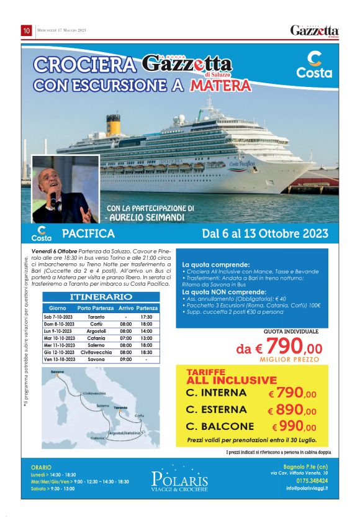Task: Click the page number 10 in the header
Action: [x=27, y=30]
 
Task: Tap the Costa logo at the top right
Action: [x=314, y=65]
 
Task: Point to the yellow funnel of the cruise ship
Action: [x=113, y=124]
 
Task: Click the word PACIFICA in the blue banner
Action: [x=88, y=234]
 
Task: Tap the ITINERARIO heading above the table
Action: [x=101, y=298]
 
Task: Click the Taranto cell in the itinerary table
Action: [x=96, y=316]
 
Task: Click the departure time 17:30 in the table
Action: [x=146, y=316]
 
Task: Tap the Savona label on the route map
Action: [x=58, y=372]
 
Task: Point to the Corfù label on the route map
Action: [x=139, y=416]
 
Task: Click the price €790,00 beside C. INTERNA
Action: [x=292, y=393]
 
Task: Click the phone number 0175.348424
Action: [x=312, y=480]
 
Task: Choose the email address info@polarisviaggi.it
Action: [x=307, y=488]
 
